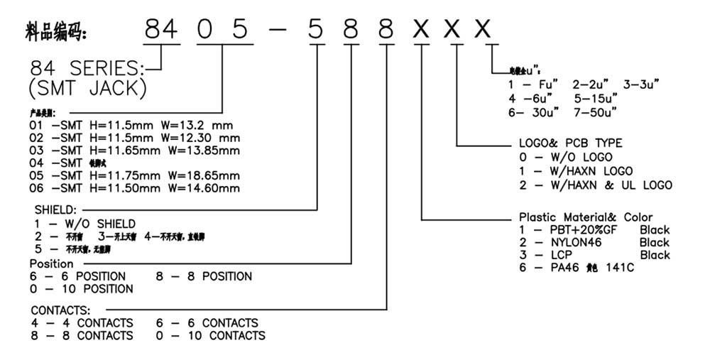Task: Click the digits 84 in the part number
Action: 163,30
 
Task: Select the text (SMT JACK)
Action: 89,89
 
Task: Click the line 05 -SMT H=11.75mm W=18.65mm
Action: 134,175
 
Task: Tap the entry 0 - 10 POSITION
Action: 82,289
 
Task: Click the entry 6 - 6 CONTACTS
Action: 207,323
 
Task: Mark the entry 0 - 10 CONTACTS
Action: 210,336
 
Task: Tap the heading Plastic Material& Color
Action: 586,217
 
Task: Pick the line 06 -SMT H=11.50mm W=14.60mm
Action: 134,188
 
